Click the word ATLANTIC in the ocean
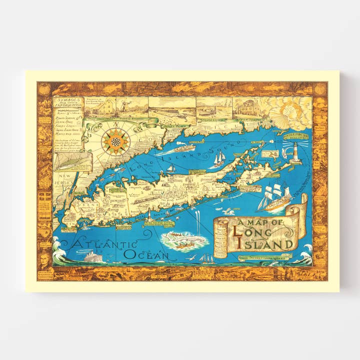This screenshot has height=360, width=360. pos(104,243)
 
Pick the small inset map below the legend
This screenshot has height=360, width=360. pos(73,162)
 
